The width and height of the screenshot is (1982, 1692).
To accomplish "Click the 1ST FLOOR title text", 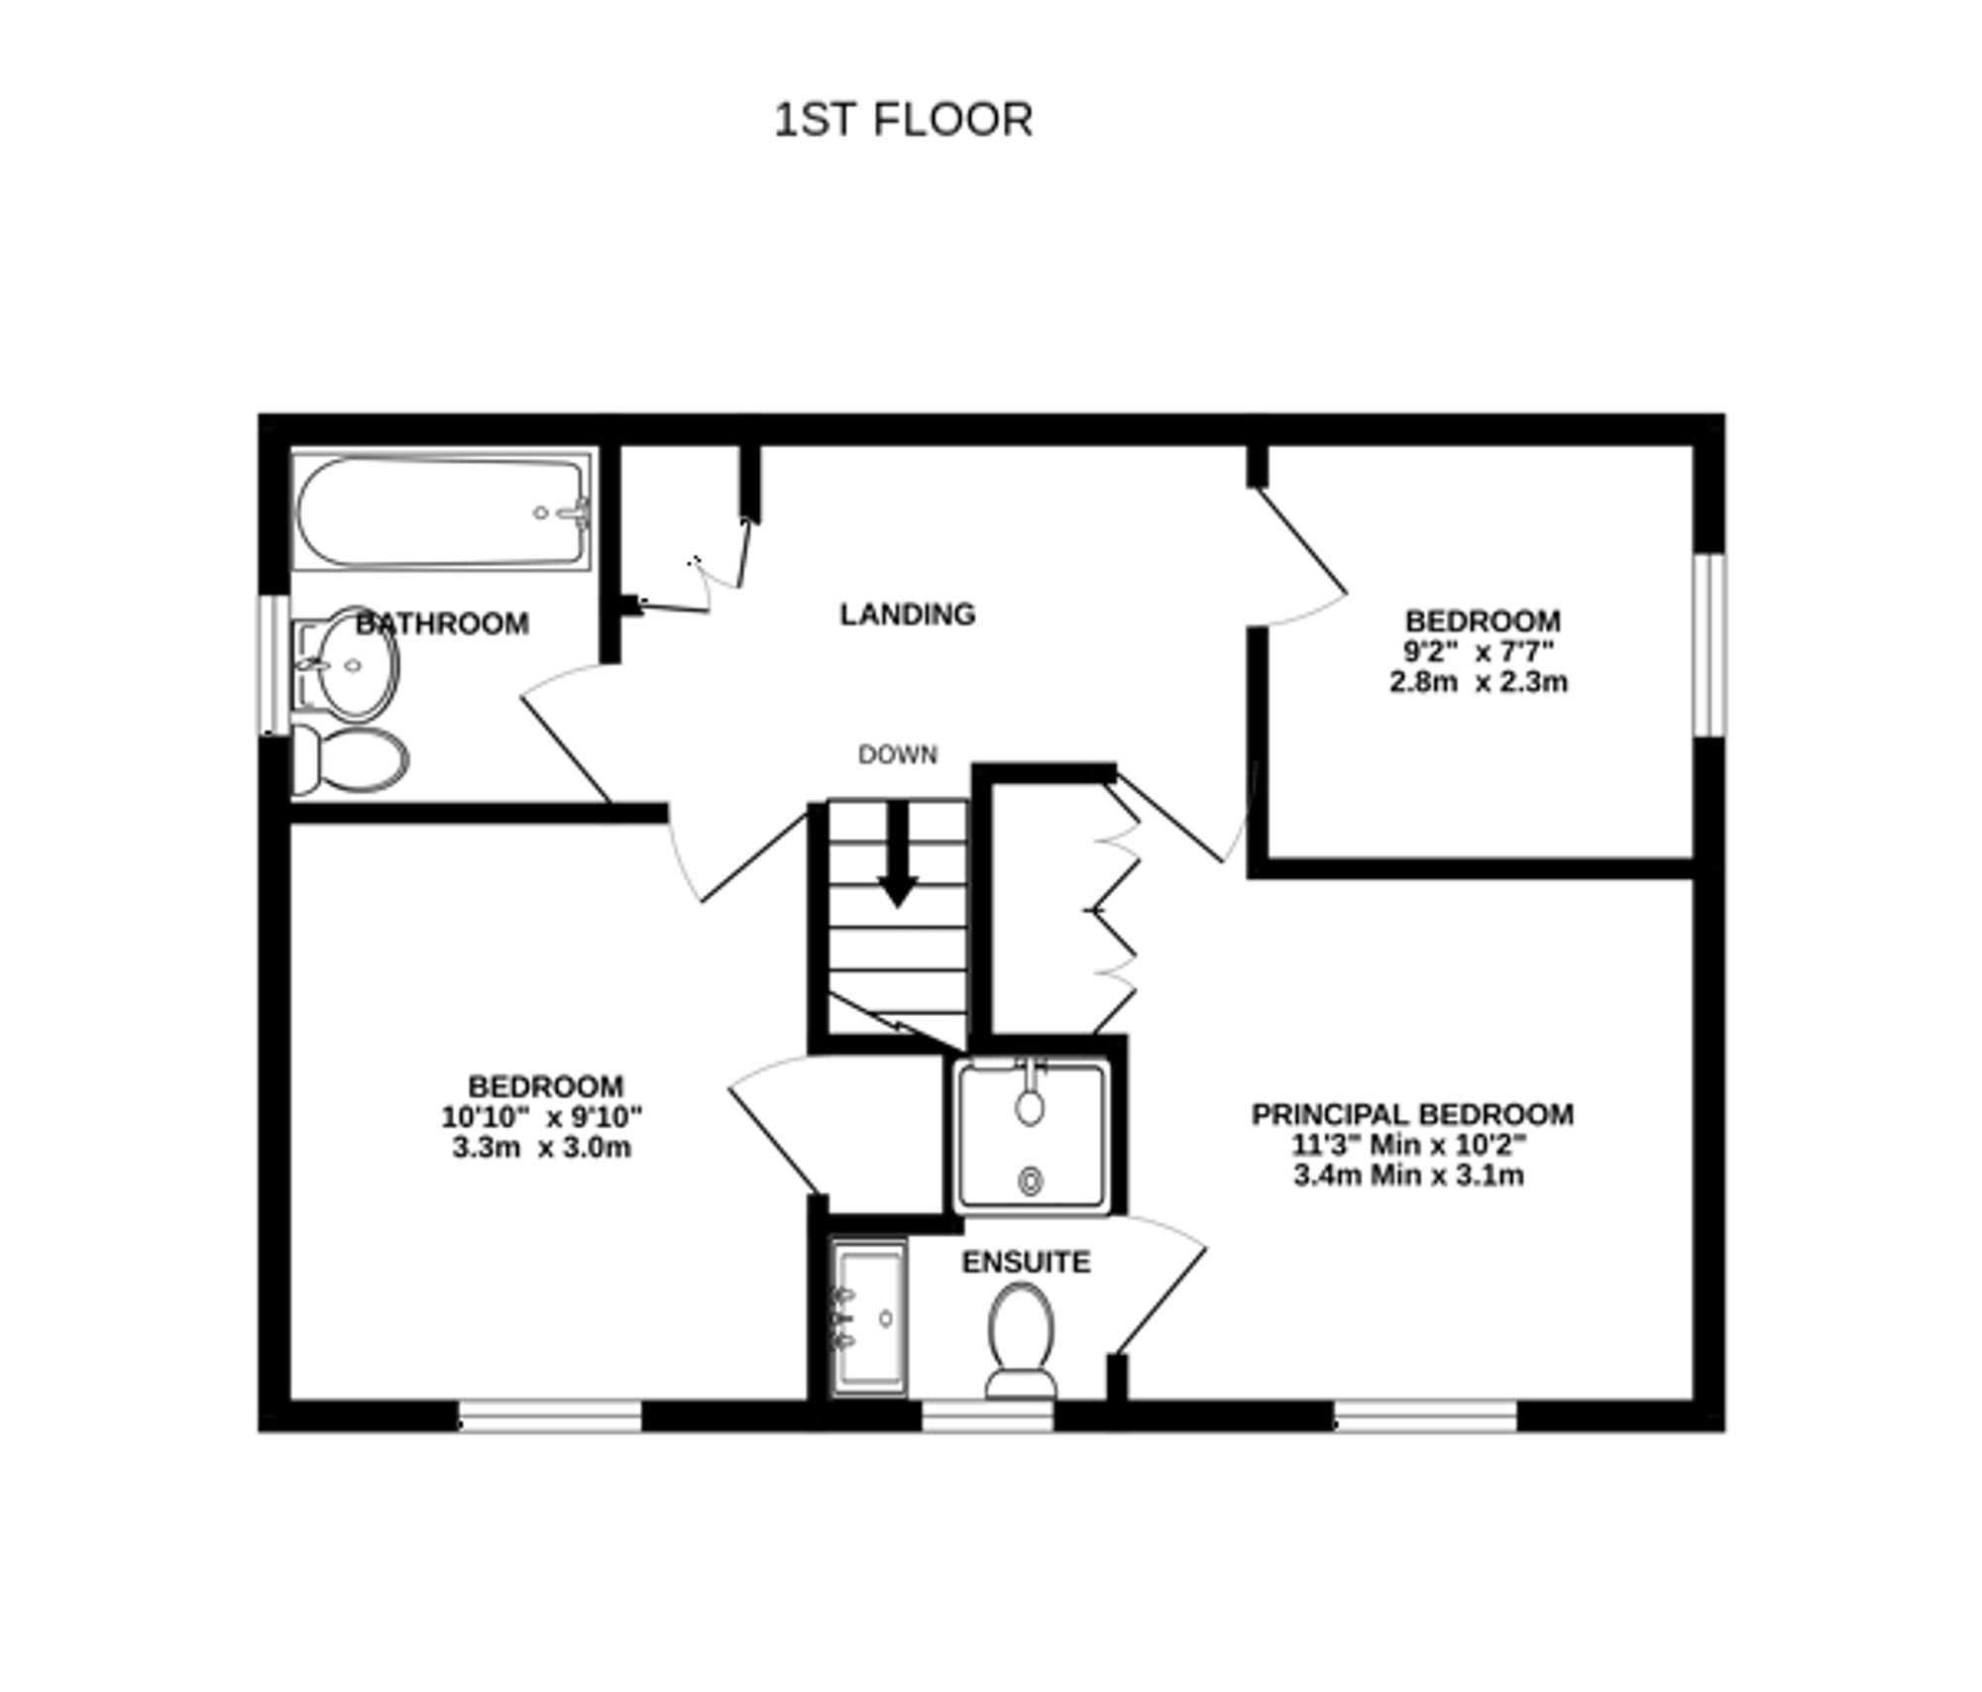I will [x=903, y=120].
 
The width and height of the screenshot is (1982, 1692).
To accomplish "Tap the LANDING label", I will [x=908, y=615].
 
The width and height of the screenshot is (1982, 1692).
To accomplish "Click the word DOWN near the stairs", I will [x=897, y=754].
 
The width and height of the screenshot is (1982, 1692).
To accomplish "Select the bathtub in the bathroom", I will [x=442, y=512].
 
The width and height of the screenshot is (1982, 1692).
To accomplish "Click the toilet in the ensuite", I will [x=1021, y=1338].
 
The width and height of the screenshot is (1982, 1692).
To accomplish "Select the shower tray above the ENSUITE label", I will [x=1031, y=1137].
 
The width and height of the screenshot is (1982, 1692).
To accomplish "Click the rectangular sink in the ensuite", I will [x=869, y=1318].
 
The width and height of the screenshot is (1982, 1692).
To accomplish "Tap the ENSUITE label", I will [x=1026, y=1262].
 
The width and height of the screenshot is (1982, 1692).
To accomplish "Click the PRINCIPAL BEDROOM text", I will [x=1411, y=1114].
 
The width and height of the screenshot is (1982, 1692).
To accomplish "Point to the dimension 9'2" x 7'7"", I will [x=1478, y=651].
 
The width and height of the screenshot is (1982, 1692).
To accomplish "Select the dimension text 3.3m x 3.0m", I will [x=541, y=1148].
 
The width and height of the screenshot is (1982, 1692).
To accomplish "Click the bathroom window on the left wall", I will [x=274, y=664].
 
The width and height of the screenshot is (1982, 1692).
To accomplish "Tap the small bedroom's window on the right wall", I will [x=1708, y=645].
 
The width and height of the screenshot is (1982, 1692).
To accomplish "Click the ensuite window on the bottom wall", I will [x=987, y=1415].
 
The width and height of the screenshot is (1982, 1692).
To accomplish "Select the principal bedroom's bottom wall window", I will [x=1425, y=1415].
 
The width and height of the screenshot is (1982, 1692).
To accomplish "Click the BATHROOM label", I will [x=442, y=623].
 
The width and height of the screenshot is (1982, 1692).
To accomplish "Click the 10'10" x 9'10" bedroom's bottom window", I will [x=550, y=1415].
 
